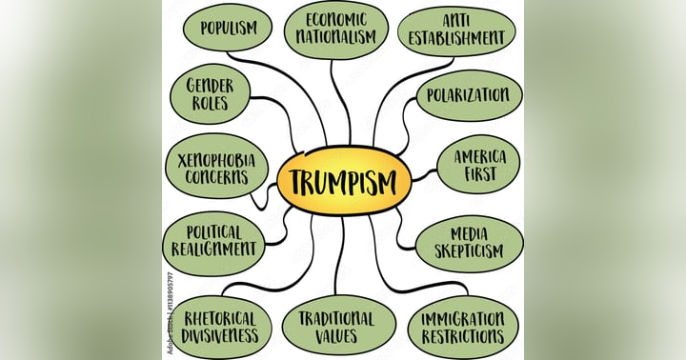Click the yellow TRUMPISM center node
(x=343, y=180)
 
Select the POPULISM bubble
(x=228, y=28)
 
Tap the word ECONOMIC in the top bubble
(x=335, y=18)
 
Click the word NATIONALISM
(x=335, y=37)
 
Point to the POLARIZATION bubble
(x=469, y=95)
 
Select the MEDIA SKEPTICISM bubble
(x=468, y=243)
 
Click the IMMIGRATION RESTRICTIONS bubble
(x=463, y=326)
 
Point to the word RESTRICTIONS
(x=463, y=336)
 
